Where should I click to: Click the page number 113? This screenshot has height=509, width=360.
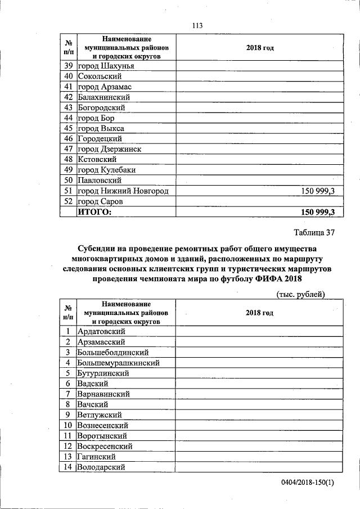(x=196, y=26)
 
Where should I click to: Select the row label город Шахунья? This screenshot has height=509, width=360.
(x=106, y=66)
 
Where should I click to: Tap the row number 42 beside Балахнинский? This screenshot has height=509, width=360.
(x=69, y=97)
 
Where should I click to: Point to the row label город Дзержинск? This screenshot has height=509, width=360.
(x=109, y=149)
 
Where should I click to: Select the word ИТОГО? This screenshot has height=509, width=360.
(x=94, y=212)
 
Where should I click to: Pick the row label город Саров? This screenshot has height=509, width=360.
(x=100, y=201)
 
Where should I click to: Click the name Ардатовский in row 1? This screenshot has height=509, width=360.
(x=101, y=331)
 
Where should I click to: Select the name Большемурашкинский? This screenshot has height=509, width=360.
(x=118, y=363)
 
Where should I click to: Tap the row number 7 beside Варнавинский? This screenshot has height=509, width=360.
(x=67, y=394)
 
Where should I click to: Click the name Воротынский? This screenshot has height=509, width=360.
(x=102, y=436)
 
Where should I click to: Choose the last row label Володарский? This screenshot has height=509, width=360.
(x=101, y=467)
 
